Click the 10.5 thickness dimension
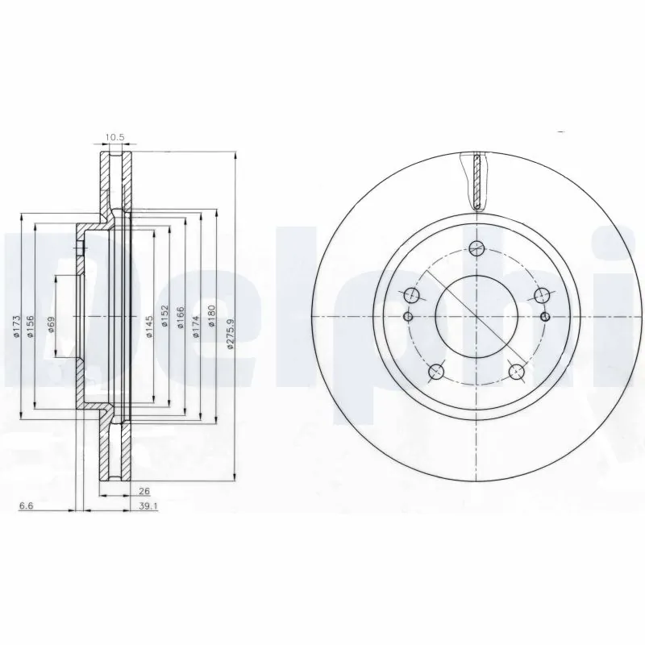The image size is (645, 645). click(x=115, y=138)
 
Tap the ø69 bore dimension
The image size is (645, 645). click(x=50, y=325)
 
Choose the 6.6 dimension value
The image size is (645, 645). click(x=27, y=506)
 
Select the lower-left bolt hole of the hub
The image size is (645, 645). click(x=437, y=371)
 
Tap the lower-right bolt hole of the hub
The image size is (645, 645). click(x=517, y=371)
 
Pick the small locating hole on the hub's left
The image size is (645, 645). click(x=407, y=315)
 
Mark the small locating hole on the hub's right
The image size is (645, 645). click(x=547, y=315)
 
